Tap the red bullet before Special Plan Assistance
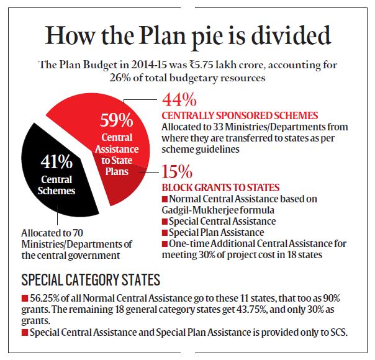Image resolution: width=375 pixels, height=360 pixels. (165, 232)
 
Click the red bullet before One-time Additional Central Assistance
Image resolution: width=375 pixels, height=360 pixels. (165, 243)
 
